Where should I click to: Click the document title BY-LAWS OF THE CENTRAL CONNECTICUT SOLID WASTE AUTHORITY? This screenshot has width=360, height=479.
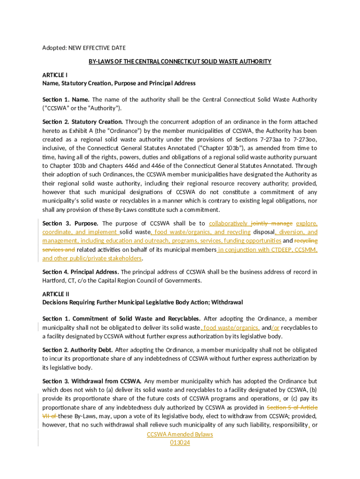180,62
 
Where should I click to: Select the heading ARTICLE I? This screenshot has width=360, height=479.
55,75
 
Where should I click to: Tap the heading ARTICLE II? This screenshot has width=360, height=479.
56,294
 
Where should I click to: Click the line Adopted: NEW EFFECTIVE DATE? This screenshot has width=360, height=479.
84,48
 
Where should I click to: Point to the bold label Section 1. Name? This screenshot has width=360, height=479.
66,100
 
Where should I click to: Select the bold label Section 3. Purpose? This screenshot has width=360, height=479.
70,224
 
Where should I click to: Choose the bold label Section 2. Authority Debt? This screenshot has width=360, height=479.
78,350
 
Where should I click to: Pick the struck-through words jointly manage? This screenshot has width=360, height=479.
272,224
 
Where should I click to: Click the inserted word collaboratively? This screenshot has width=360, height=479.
229,224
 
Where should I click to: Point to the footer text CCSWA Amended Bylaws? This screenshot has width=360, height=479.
180,435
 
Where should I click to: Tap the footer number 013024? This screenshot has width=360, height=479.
180,443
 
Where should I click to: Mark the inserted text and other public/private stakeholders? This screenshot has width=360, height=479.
92,259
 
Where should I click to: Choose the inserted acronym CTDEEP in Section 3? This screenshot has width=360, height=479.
282,250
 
